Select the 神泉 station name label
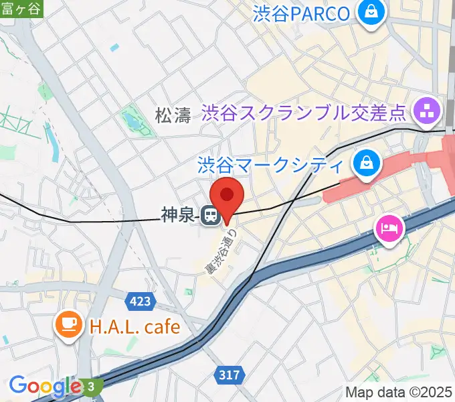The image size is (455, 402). click(177, 215)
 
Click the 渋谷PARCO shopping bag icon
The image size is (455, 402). click(369, 11)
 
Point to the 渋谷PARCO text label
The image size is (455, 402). click(302, 13)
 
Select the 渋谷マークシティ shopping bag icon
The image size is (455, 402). click(367, 163)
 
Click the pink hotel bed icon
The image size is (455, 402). click(389, 229)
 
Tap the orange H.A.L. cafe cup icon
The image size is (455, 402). click(68, 326)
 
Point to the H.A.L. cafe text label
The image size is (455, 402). click(134, 327)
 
